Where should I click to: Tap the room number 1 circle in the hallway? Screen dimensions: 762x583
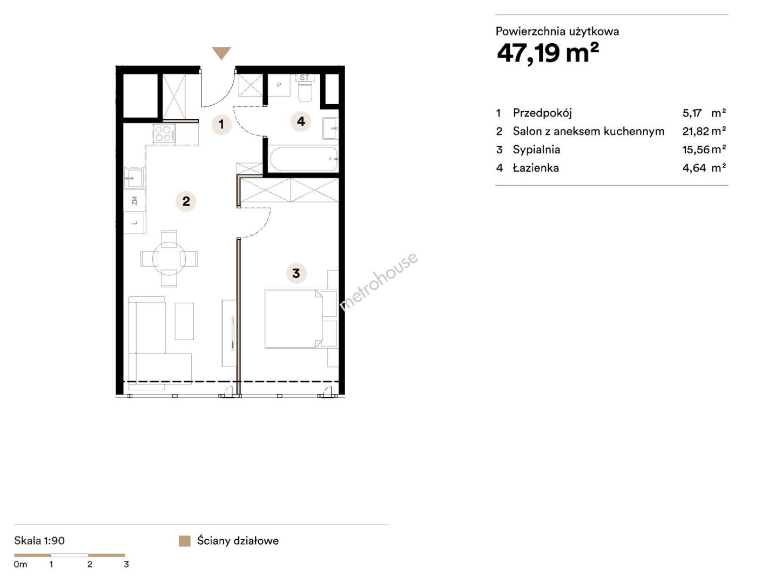tap(221, 124)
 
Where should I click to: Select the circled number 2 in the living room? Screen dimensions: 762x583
tap(186, 201)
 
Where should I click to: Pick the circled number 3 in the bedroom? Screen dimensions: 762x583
tap(296, 273)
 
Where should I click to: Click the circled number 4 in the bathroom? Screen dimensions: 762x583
tap(301, 121)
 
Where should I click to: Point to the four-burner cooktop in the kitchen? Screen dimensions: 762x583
tap(164, 134)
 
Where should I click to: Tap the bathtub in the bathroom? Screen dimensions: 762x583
tap(304, 159)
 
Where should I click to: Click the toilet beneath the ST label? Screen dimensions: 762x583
tap(305, 91)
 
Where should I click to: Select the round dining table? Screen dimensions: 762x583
tap(169, 259)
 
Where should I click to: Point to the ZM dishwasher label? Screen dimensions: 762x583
tap(134, 200)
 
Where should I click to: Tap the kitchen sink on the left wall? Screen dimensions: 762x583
tap(133, 178)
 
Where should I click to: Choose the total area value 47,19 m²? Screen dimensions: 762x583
tap(548, 53)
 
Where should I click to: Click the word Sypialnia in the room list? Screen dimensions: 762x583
tap(536, 150)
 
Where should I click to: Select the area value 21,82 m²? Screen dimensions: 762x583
tap(704, 131)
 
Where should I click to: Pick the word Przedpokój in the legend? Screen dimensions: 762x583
tap(542, 113)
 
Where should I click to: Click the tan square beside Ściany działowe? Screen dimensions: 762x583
tap(184, 541)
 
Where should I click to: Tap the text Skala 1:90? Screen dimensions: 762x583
tap(39, 541)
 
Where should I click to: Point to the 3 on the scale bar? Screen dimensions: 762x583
tap(126, 564)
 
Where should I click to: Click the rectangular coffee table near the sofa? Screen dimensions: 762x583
tap(184, 321)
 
